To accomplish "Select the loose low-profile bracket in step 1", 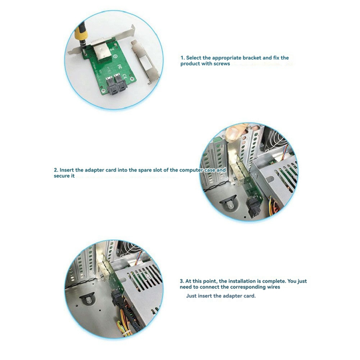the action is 144,61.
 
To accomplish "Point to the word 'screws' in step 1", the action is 221,64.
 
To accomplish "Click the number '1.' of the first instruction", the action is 183,57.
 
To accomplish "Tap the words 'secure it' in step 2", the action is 64,176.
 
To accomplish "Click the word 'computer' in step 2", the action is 191,170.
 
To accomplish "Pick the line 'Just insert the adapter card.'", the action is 221,296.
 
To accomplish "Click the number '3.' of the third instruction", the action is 182,281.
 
